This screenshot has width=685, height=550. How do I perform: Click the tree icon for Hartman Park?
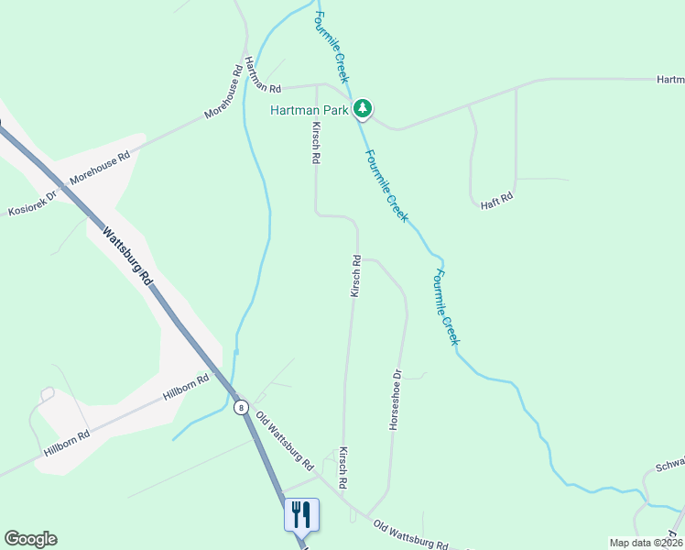(x=364, y=109)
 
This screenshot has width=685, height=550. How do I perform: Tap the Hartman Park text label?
(x=310, y=110)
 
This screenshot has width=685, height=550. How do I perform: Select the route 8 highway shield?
(x=241, y=407)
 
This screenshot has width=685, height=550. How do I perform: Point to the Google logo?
(x=30, y=539)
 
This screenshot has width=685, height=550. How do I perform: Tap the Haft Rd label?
(x=497, y=199)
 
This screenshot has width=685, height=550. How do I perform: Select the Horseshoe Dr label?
(x=397, y=400)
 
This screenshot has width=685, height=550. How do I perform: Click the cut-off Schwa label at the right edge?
(x=669, y=467)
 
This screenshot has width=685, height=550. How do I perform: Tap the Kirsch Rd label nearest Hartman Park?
(x=316, y=142)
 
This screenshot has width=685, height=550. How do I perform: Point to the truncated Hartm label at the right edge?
(x=670, y=80)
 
